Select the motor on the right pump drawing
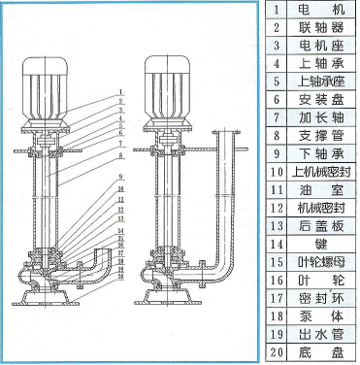point(165,77)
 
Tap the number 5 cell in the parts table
point(277,82)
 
